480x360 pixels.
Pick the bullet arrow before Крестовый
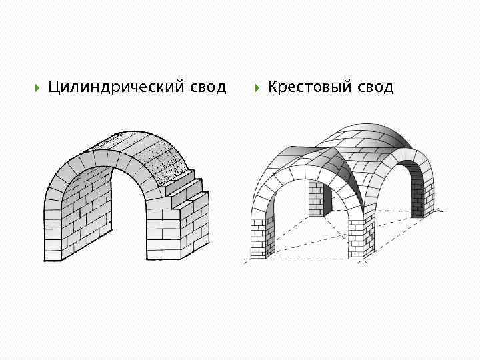coord(256,87)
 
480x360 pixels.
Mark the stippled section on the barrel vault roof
coord(166,160)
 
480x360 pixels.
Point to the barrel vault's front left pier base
coord(53,250)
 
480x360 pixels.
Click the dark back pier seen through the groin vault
coord(316,200)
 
